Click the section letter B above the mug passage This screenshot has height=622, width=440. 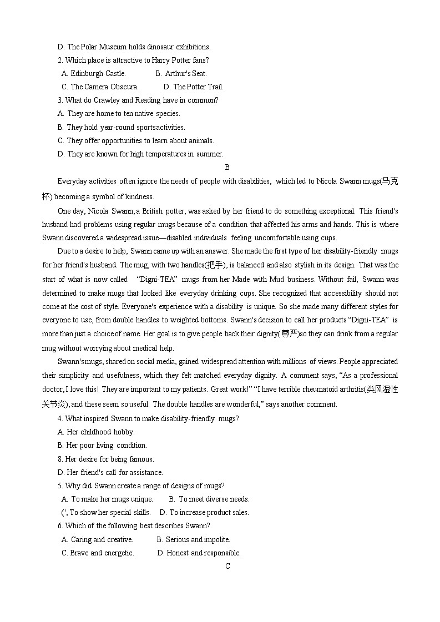tap(227, 167)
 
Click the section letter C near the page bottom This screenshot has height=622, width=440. tap(227, 566)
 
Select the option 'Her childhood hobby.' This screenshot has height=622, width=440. tap(100, 432)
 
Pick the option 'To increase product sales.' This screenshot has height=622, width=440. tap(209, 512)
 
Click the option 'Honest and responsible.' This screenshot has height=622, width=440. tap(203, 553)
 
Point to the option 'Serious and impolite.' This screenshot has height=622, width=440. tap(198, 539)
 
